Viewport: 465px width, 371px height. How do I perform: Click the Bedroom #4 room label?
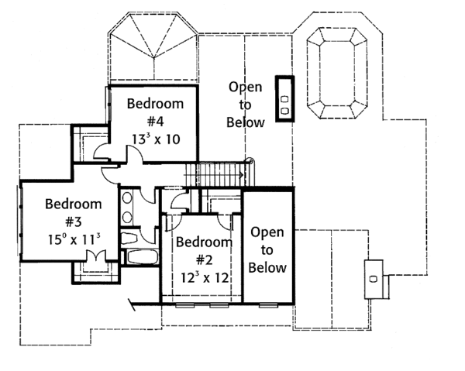(156, 112)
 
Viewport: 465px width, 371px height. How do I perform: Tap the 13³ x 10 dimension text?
(156, 139)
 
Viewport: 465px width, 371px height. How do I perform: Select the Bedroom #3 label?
(74, 213)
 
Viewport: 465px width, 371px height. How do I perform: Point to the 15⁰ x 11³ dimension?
(74, 239)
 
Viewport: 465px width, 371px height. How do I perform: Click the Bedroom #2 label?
(205, 251)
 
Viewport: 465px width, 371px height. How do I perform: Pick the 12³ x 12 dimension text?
(205, 277)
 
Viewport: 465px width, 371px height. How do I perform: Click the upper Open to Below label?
(245, 105)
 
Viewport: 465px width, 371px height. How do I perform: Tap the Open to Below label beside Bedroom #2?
(267, 250)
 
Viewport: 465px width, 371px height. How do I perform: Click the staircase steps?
(215, 175)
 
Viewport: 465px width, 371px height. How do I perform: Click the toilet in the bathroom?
(129, 239)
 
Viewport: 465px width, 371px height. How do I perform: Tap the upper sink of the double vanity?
(128, 198)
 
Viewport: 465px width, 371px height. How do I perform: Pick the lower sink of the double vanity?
(128, 217)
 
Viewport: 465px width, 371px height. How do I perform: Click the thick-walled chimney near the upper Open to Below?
(284, 98)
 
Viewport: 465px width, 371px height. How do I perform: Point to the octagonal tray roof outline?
(336, 73)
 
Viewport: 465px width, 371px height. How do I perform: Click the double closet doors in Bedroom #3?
(95, 256)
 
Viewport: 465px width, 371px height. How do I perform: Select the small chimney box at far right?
(374, 280)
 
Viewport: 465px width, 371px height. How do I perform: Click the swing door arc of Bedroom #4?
(135, 153)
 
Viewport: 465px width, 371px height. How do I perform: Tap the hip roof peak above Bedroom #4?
(154, 57)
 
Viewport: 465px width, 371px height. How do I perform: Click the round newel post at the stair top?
(251, 162)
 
